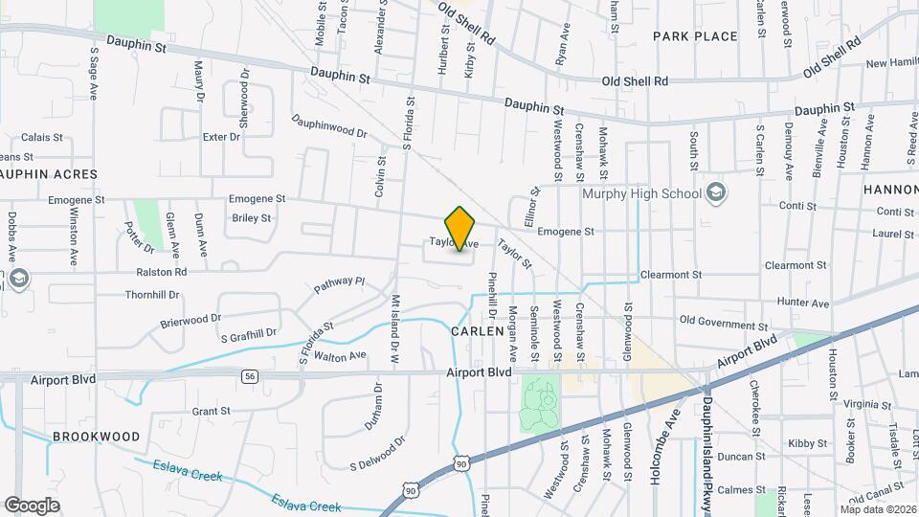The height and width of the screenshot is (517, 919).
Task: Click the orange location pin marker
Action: (x=460, y=228)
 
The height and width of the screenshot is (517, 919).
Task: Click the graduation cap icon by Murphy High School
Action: (x=715, y=193)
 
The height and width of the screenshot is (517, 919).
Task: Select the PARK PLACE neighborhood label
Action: (x=696, y=36)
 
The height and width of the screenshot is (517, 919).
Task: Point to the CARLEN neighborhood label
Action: (x=476, y=330)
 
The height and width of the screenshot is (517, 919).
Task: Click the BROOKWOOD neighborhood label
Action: (x=97, y=436)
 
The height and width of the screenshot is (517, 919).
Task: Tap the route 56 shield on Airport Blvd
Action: (x=250, y=376)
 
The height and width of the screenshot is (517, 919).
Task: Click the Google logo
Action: (x=33, y=505)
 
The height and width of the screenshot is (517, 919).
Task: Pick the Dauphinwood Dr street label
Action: (x=330, y=127)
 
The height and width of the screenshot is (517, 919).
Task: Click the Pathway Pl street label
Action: (x=340, y=285)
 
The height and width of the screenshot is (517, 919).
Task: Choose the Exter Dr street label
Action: (x=221, y=137)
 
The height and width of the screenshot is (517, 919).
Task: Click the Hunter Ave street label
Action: (x=802, y=303)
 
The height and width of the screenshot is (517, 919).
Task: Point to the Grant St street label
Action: (x=211, y=412)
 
